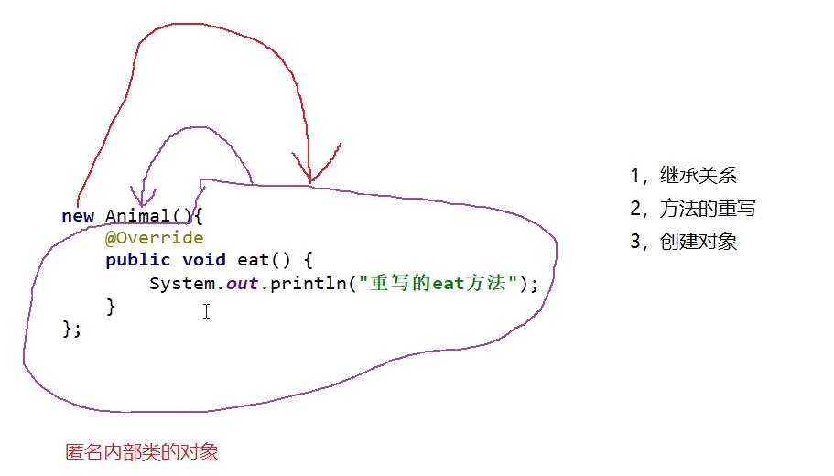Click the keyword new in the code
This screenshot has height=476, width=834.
pos(79,216)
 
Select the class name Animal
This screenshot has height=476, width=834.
pos(137,216)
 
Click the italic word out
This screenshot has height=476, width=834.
pos(242,284)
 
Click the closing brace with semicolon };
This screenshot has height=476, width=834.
pos(71,328)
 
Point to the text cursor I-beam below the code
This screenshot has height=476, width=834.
pos(207,312)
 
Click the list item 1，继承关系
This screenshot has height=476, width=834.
pos(684,176)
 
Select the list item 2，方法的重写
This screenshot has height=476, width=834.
pos(693,209)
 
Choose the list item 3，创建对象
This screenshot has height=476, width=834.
pos(684,242)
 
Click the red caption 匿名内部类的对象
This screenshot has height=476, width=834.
pos(142,452)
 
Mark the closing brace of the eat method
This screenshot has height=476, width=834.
pos(112,306)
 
